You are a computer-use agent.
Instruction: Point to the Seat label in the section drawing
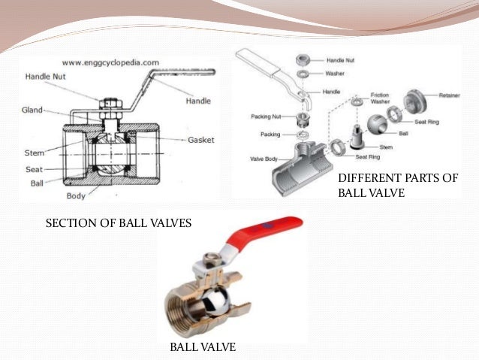click(x=35, y=169)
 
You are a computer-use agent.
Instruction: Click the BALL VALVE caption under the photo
click(x=203, y=346)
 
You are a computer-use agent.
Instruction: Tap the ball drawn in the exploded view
click(x=376, y=129)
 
